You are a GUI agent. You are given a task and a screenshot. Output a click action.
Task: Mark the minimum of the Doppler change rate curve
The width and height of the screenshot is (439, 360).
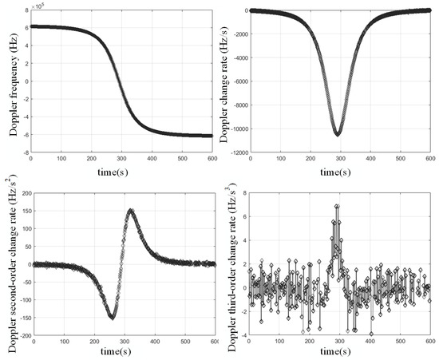[338, 134]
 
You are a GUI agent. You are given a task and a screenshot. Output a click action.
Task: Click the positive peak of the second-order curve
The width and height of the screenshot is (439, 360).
[131, 211]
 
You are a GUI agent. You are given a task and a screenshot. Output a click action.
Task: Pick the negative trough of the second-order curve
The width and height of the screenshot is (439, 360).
[113, 317]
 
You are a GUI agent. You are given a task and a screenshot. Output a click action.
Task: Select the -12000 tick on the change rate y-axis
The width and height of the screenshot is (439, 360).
[238, 152]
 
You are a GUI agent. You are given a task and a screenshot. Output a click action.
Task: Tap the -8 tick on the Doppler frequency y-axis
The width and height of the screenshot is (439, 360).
[26, 152]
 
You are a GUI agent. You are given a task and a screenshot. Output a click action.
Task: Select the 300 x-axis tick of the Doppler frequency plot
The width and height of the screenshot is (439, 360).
[122, 160]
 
